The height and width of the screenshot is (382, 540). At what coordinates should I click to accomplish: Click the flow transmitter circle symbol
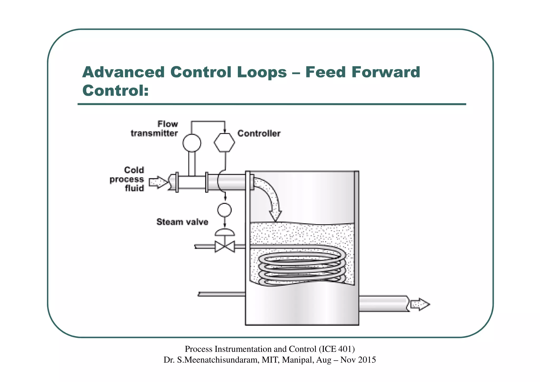click(x=192, y=143)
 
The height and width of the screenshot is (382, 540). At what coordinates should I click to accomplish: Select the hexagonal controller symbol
click(x=224, y=143)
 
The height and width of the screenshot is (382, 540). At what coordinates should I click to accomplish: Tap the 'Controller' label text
click(x=259, y=133)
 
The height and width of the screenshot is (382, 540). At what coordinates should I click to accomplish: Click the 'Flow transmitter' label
click(x=155, y=129)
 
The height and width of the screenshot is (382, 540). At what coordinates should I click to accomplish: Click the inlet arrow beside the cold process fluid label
click(x=158, y=182)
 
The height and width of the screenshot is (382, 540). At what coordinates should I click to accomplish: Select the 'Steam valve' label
click(x=182, y=222)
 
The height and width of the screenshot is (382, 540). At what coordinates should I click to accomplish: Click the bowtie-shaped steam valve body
click(x=225, y=247)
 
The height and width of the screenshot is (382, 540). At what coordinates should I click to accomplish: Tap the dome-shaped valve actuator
click(x=225, y=232)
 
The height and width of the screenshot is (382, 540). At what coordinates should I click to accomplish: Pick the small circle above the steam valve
click(x=224, y=210)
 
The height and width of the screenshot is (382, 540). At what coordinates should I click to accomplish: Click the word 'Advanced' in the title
click(x=123, y=72)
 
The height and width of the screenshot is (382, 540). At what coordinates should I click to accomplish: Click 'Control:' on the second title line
click(x=115, y=91)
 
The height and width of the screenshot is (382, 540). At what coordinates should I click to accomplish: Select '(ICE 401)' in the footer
click(x=337, y=349)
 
